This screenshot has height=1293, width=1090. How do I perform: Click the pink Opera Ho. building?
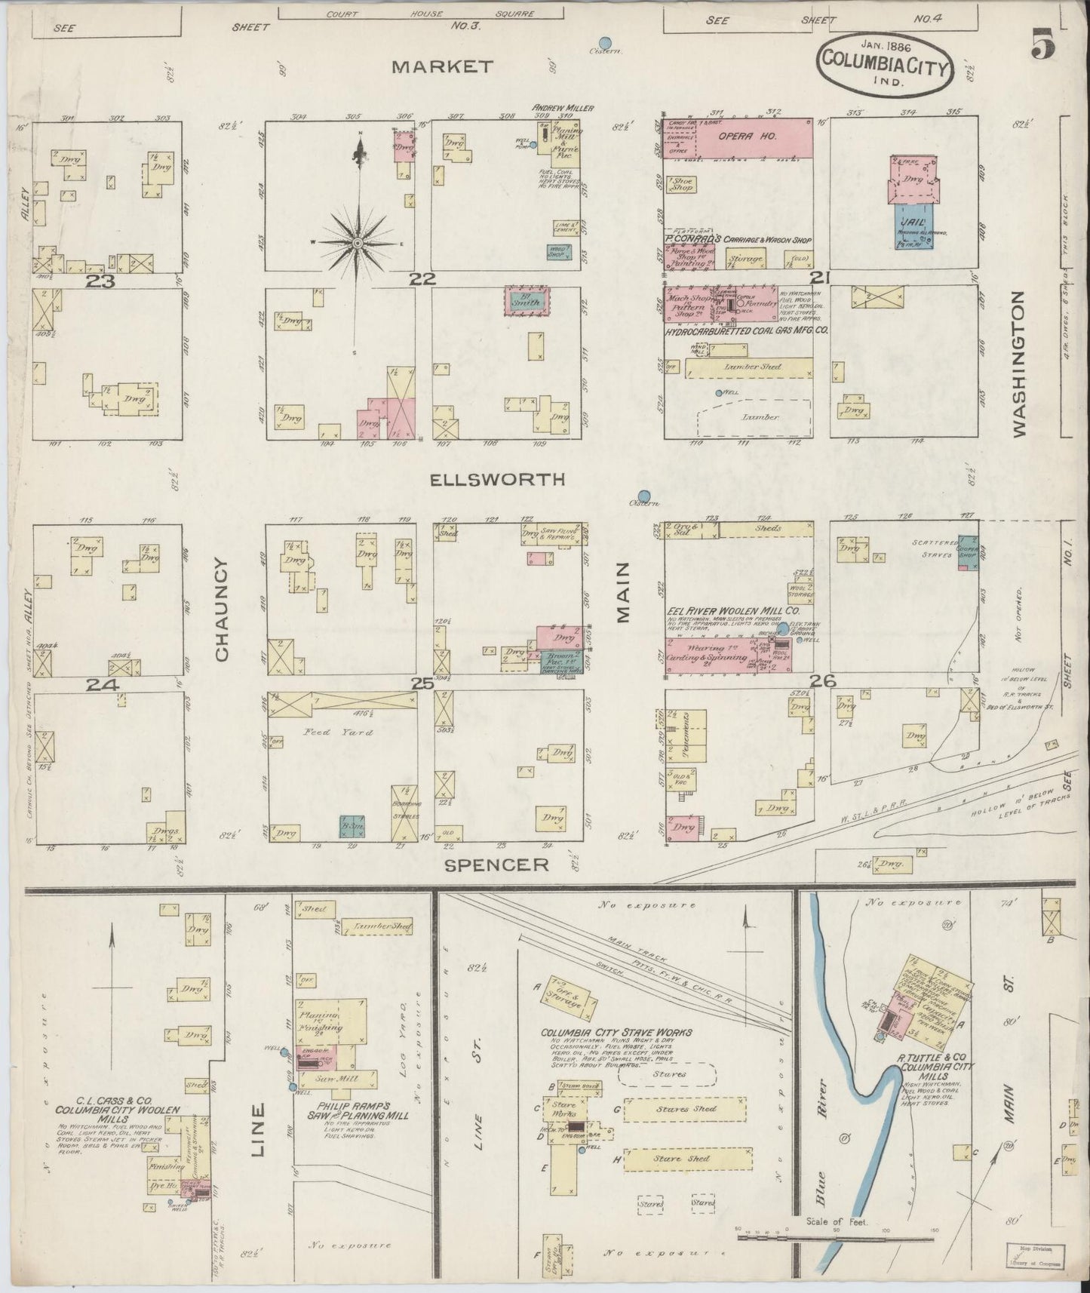(x=753, y=137)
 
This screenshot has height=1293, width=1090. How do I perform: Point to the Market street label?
(x=443, y=67)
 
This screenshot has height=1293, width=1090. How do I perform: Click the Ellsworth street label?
(x=507, y=480)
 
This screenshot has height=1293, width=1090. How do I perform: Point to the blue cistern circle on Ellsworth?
(x=643, y=495)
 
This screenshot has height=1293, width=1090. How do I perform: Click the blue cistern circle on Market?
(x=604, y=43)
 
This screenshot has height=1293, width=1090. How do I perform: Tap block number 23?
(x=100, y=281)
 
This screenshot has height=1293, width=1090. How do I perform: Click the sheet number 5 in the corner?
(x=1044, y=48)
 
